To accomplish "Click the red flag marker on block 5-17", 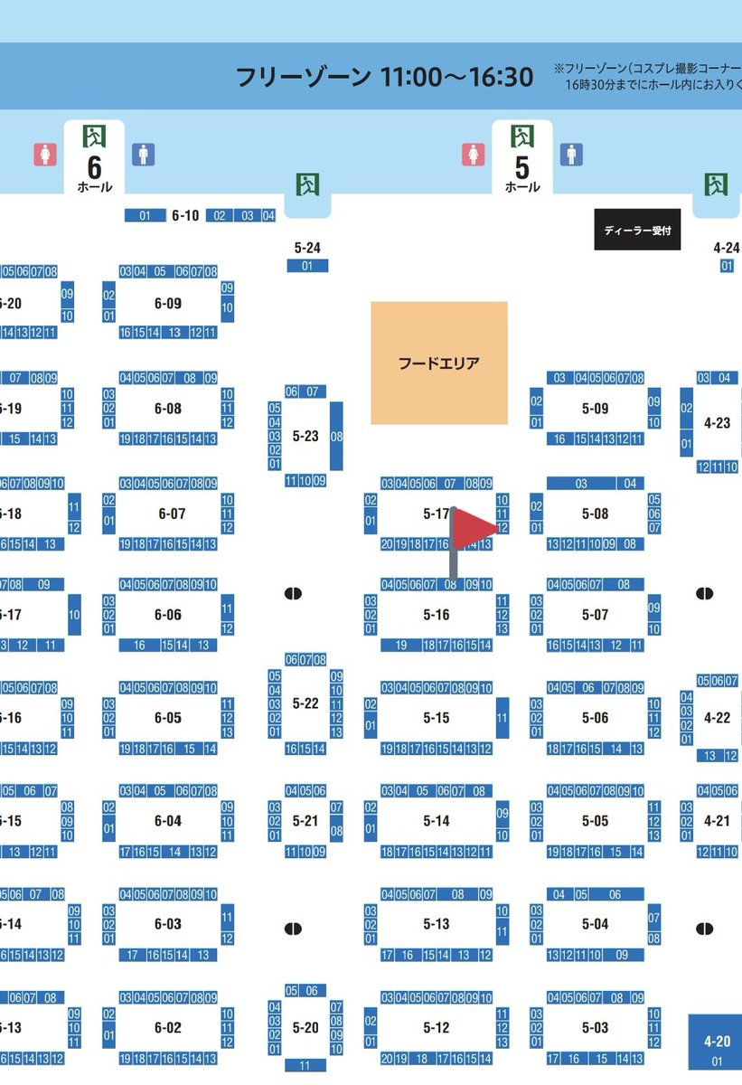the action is pos(473,530).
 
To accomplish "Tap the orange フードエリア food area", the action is pos(439,363).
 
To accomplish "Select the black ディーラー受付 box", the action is pos(637,231).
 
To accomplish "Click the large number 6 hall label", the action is pos(94,166).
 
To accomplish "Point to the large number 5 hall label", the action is pos(521,166).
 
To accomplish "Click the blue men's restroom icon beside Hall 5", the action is pos(570,155).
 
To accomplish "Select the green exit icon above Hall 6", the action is pos(94,137).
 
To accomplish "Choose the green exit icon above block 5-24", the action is pos(307,184).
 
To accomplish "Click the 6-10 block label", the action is pos(185,216).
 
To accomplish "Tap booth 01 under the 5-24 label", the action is pos(307,266).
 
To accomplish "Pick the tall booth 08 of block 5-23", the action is pos(336,437).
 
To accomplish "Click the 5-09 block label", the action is pos(596,409).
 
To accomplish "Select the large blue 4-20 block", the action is pos(716,1049).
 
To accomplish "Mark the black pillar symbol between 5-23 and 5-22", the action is pos(293,594).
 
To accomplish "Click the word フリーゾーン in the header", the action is pos(302,77).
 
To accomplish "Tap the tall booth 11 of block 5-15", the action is pos(502,719).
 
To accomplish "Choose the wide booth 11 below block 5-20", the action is pos(305,1065).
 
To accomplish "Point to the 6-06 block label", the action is pos(168,615).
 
